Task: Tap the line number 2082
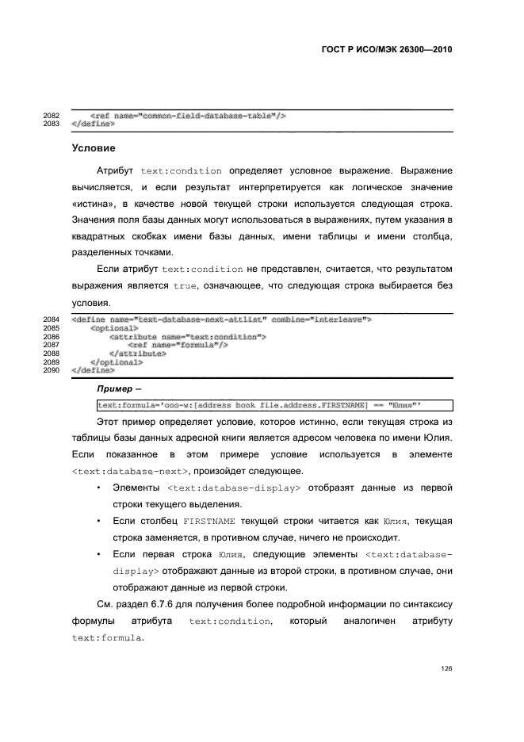(51, 116)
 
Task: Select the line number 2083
(51, 124)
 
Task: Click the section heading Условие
(94, 148)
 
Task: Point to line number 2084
(51, 319)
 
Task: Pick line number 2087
(51, 345)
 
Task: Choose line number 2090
(51, 370)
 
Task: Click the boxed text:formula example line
(273, 405)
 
